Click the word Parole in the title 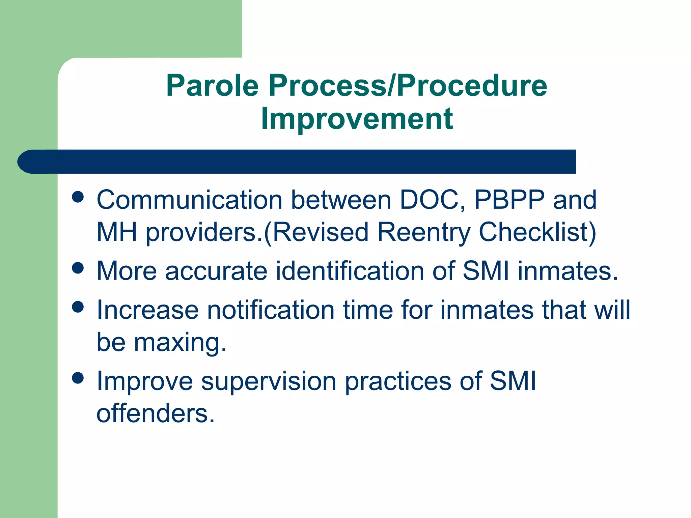tap(212, 86)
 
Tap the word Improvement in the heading tap(357, 118)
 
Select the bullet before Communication tap(78, 197)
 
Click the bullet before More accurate tap(78, 268)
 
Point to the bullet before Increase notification tap(78, 307)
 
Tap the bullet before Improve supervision tap(78, 378)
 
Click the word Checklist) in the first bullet tap(537, 232)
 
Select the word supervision tap(268, 381)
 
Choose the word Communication tap(189, 200)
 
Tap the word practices tap(398, 381)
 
